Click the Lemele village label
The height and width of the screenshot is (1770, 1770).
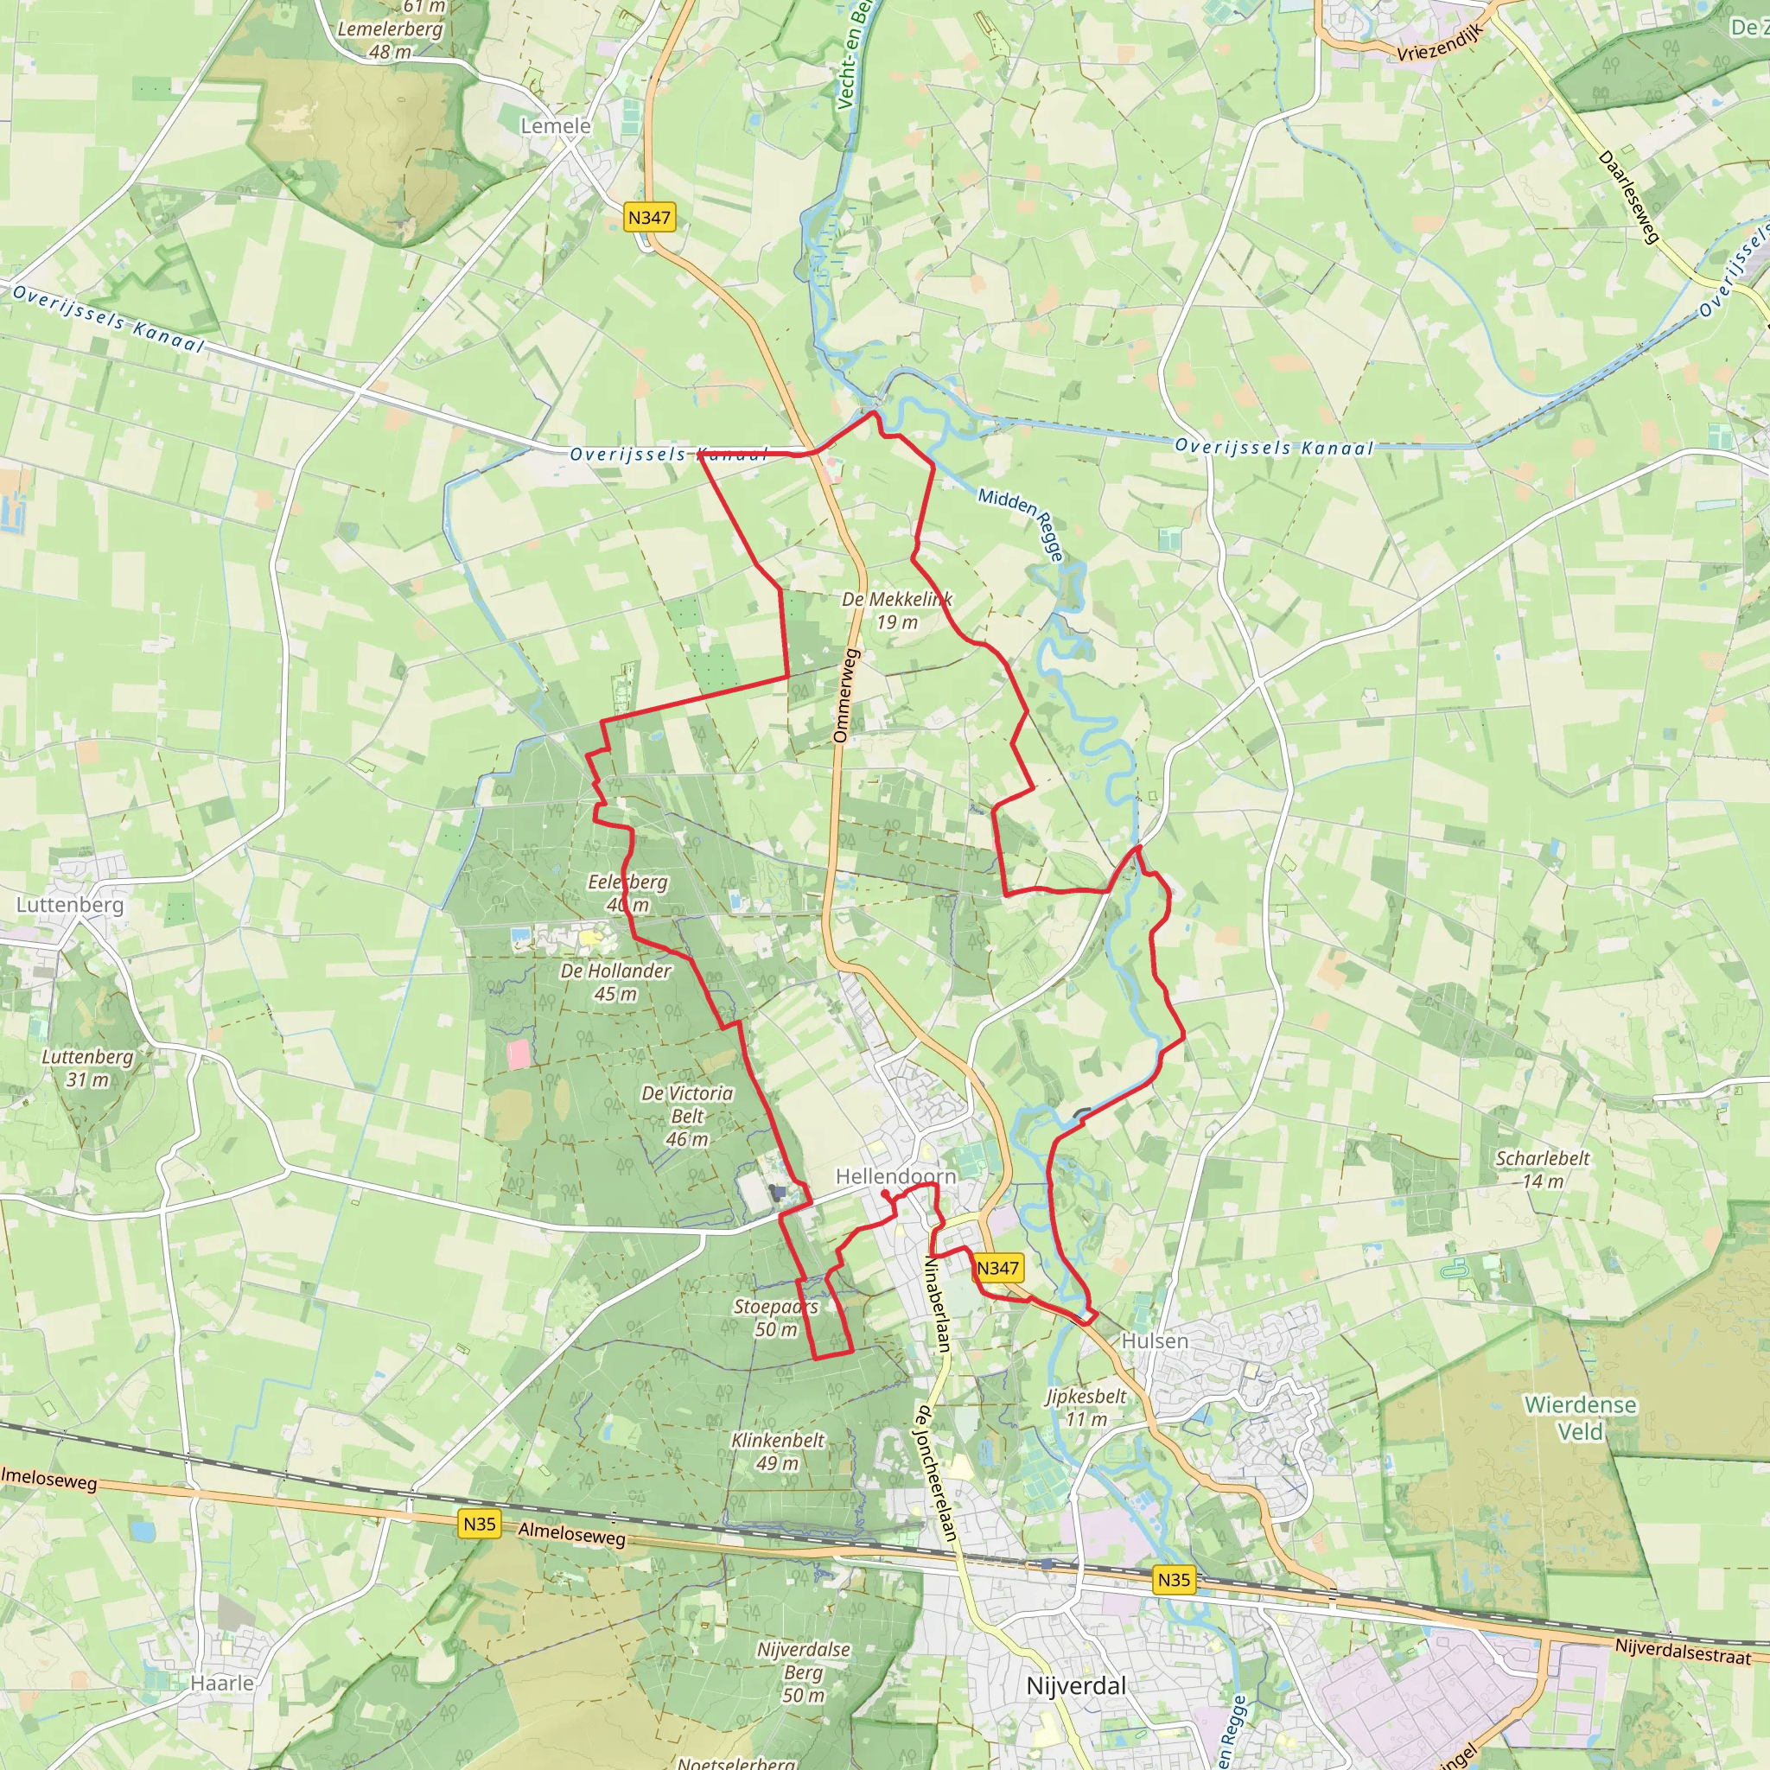pyautogui.click(x=555, y=125)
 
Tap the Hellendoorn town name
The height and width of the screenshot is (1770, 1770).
pyautogui.click(x=895, y=1176)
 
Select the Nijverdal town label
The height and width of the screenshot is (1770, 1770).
pyautogui.click(x=1075, y=1685)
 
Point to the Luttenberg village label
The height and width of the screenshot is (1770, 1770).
pyautogui.click(x=70, y=904)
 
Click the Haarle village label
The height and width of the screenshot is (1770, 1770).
pyautogui.click(x=222, y=1683)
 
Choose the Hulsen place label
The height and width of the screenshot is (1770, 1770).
pyautogui.click(x=1155, y=1340)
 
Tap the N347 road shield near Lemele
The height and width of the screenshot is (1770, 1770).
pyautogui.click(x=649, y=217)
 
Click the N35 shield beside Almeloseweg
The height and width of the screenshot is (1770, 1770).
pyautogui.click(x=479, y=1525)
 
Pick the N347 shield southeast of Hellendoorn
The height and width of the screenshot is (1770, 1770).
pyautogui.click(x=997, y=1268)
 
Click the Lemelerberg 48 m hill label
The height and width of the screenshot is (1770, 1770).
pyautogui.click(x=391, y=40)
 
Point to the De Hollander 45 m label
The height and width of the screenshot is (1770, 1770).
pyautogui.click(x=615, y=981)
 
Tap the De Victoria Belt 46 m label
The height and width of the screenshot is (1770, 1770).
pyautogui.click(x=687, y=1116)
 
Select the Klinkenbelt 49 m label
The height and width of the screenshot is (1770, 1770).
pyautogui.click(x=777, y=1451)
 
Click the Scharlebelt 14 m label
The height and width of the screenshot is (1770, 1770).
pyautogui.click(x=1543, y=1169)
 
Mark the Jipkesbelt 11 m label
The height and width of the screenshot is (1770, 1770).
pyautogui.click(x=1086, y=1407)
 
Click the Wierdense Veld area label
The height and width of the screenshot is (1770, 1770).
pyautogui.click(x=1581, y=1417)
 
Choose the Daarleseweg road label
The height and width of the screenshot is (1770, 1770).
pyautogui.click(x=1629, y=198)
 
